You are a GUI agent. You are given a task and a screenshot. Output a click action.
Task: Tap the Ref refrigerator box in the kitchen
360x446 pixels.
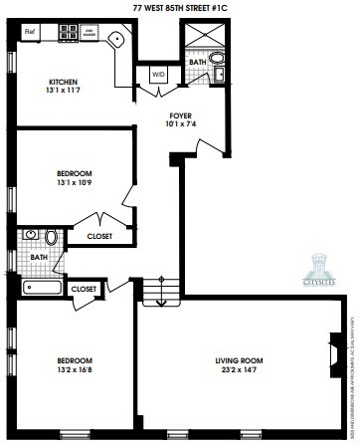point(30,32)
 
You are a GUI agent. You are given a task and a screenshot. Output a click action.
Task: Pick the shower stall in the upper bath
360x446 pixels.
point(197,40)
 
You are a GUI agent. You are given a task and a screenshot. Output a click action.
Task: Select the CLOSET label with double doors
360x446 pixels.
point(98,237)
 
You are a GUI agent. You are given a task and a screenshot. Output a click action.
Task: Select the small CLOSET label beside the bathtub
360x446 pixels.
point(85,289)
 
